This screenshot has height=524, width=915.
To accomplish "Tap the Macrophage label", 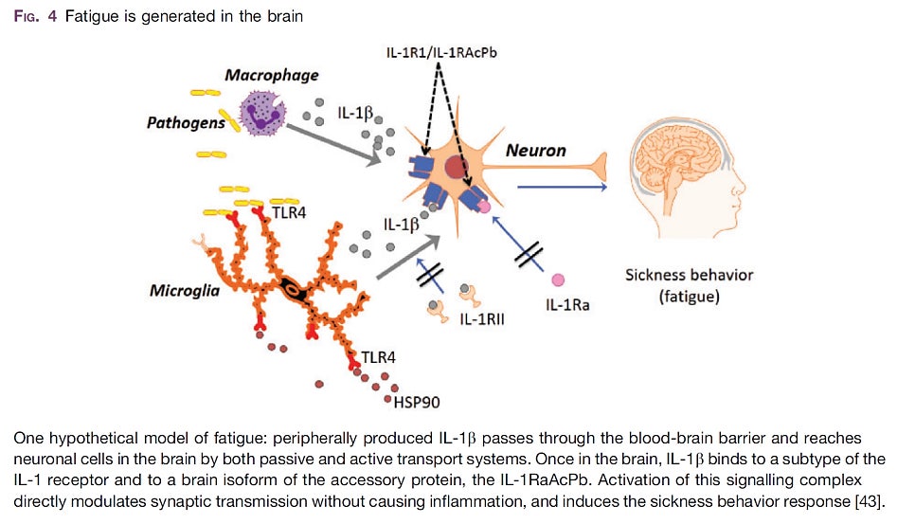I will click(271, 74).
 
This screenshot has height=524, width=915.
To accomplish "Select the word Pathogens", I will click(186, 122).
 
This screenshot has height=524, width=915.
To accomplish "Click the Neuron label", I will click(536, 151).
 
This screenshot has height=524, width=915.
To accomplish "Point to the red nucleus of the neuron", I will click(455, 169).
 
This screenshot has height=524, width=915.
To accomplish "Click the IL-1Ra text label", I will click(568, 305).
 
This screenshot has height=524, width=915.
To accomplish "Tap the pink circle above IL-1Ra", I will click(558, 280).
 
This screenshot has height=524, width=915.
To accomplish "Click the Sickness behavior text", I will click(689, 275).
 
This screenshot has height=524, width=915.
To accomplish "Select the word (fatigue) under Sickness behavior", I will click(689, 297).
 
